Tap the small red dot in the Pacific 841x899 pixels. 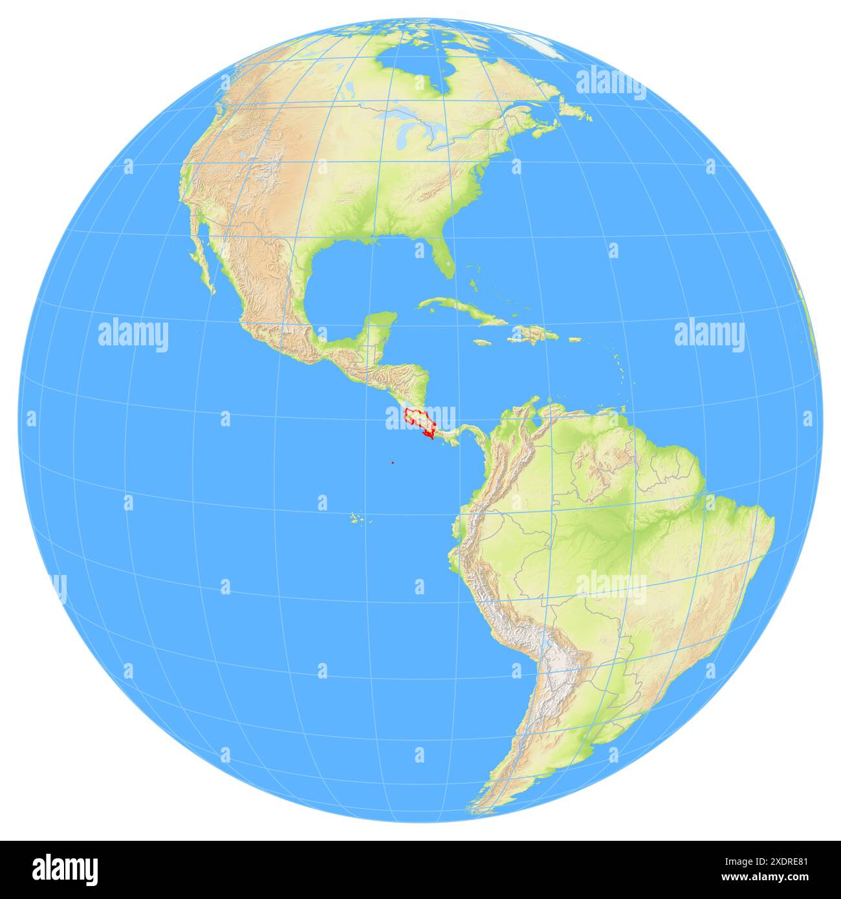coord(393,462)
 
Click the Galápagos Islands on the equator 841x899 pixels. coord(355,517)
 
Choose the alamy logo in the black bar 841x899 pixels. coord(65,869)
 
